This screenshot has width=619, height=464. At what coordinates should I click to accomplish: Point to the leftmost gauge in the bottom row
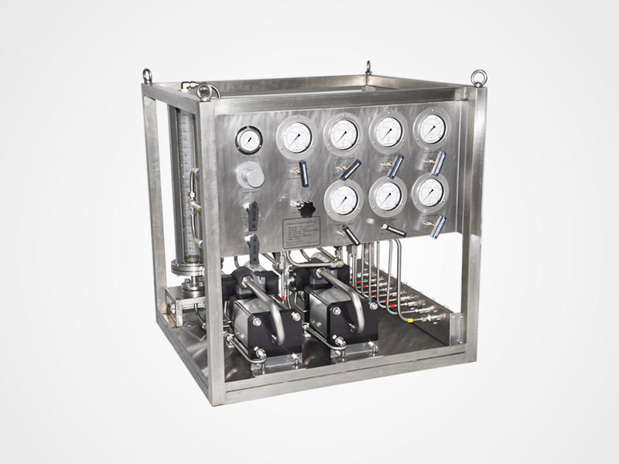(341, 199)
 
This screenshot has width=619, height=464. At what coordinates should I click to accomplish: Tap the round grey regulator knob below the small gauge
(248, 176)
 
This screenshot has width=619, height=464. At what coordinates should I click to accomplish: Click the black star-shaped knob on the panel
(304, 206)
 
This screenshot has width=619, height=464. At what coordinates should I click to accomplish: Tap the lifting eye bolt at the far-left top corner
(147, 76)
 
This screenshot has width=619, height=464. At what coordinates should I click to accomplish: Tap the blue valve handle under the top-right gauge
(438, 162)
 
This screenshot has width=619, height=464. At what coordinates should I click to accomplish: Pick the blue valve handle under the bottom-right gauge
(436, 225)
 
